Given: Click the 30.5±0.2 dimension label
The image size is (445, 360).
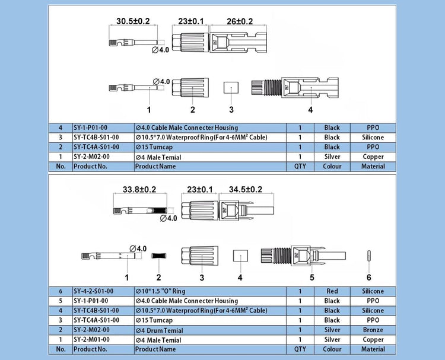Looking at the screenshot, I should point(133,21).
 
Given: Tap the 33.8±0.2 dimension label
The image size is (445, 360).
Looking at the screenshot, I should point(139,190).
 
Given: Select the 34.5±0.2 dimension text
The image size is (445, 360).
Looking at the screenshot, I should point(241,189).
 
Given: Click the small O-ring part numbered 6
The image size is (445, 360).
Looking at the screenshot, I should point(368,256).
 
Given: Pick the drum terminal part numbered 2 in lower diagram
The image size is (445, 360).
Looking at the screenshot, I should point(158,256).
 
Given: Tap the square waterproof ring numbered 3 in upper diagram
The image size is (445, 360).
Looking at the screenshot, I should point(230,87).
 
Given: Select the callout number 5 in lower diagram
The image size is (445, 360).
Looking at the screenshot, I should point(312,278).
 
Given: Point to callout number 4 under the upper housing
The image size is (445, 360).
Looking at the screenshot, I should point(310,110).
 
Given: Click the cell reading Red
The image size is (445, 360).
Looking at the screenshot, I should point(332,291).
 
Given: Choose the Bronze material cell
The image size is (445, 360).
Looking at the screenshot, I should point(373,330).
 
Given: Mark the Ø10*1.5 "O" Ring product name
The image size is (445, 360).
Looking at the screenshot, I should point(160,291).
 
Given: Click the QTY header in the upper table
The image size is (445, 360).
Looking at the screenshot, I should point(300,167).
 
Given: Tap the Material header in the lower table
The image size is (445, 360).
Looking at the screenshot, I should point(373,349).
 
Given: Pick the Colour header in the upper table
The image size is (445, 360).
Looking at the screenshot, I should point(332,167).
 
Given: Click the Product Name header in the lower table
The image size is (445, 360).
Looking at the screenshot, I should point(155,349).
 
